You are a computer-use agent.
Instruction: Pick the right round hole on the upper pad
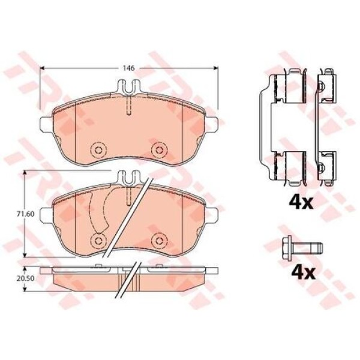pos(158,149)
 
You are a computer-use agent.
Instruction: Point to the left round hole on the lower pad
pos(96,240)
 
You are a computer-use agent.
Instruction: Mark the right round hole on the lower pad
pos(158,240)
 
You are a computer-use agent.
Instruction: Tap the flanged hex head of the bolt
pos(287,245)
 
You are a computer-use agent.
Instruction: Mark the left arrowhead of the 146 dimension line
pos(43,68)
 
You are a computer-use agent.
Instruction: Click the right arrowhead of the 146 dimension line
pos(215,68)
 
